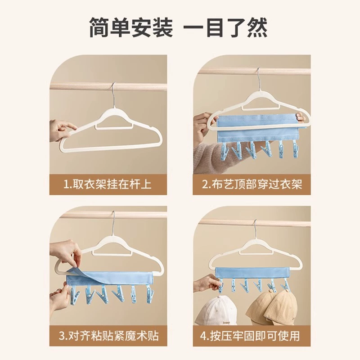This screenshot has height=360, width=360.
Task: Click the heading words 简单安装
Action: (131, 27)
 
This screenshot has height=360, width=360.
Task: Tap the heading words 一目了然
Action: (225, 27)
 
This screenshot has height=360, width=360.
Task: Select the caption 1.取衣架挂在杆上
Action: (108, 184)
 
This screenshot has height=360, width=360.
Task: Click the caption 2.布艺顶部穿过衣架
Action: (252, 184)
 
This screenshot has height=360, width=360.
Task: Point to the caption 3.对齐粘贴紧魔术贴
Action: (108, 336)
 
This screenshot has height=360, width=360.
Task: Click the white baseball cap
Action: (216, 310)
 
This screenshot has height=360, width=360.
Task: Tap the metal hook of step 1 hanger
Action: (113, 94)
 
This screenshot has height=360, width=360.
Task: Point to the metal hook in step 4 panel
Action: (255, 229)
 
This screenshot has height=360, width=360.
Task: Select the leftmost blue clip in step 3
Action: (74, 296)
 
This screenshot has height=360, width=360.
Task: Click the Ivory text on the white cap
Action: (226, 323)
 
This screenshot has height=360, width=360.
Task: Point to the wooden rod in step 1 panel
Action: (108, 86)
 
